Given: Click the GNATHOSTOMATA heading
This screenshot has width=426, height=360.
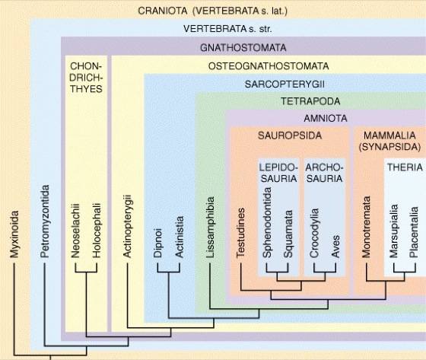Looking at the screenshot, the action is pyautogui.click(x=243, y=48).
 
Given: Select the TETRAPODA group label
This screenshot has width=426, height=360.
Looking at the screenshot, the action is pyautogui.click(x=310, y=101).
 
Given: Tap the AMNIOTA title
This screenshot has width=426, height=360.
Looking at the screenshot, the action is pyautogui.click(x=326, y=119).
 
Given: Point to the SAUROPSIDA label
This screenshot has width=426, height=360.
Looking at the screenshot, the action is pyautogui.click(x=290, y=135).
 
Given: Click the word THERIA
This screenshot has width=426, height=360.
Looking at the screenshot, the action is pyautogui.click(x=405, y=167).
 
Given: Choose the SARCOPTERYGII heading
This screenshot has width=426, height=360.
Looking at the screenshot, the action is pyautogui.click(x=285, y=84).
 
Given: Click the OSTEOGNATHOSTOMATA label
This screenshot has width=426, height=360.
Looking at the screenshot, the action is pyautogui.click(x=269, y=66).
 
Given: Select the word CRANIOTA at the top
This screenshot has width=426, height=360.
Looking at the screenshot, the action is pyautogui.click(x=163, y=11).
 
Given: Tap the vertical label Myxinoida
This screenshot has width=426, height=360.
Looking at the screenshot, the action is pyautogui.click(x=14, y=234).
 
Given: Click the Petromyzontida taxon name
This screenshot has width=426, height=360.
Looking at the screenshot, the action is pyautogui.click(x=45, y=221).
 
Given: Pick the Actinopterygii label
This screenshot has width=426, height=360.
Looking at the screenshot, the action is pyautogui.click(x=127, y=226).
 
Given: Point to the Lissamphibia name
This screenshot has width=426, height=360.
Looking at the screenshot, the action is pyautogui.click(x=210, y=228).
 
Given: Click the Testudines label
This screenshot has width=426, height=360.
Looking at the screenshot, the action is pyautogui.click(x=240, y=233).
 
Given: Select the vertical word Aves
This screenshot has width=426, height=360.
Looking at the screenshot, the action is pyautogui.click(x=335, y=247).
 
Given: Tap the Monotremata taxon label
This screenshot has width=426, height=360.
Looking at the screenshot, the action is pyautogui.click(x=366, y=227).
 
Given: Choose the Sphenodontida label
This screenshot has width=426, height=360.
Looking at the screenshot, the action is pyautogui.click(x=267, y=223).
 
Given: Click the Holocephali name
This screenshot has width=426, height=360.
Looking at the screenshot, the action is pyautogui.click(x=97, y=231).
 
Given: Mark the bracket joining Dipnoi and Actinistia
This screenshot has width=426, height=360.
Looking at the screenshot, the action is pyautogui.click(x=168, y=272).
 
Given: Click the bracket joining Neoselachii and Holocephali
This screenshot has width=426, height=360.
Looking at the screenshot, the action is pyautogui.click(x=86, y=272).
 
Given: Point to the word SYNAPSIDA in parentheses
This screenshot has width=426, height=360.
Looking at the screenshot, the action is pyautogui.click(x=389, y=147).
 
